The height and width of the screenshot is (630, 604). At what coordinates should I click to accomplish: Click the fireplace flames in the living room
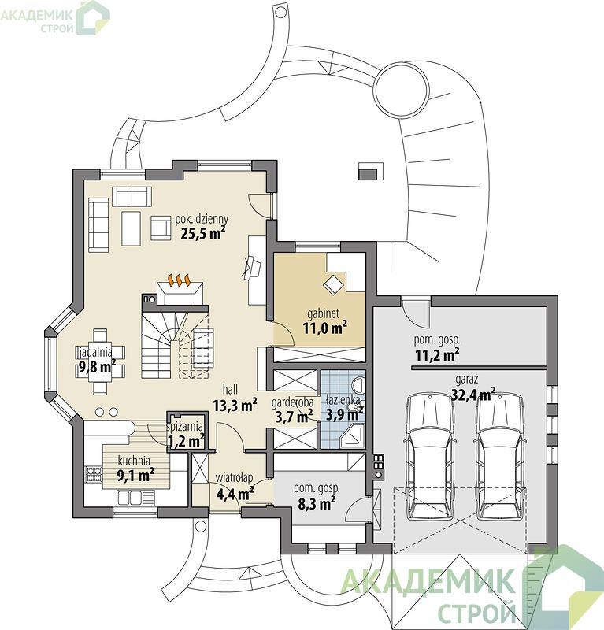179,280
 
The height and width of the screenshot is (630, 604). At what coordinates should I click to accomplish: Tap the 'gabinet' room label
323,313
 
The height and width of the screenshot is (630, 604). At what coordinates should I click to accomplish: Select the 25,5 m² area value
202,233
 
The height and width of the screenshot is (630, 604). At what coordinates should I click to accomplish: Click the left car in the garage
431,456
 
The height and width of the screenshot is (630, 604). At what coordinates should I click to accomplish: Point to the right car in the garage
500,456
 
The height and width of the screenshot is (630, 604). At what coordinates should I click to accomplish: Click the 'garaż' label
466,379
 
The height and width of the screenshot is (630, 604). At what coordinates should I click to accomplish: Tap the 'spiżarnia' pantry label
184,427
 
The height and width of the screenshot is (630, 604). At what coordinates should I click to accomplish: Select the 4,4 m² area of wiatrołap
235,493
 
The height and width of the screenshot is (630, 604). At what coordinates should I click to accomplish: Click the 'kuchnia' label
134,461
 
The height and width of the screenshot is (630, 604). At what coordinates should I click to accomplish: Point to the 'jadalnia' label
95,353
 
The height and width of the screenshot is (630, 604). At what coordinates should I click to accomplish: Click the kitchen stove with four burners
94,474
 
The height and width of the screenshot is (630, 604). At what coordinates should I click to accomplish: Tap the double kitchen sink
135,498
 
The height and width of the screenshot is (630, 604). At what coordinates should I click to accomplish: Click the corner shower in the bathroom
353,437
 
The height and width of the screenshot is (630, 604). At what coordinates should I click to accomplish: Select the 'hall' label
230,389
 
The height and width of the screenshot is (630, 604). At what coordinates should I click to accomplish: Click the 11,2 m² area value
437,355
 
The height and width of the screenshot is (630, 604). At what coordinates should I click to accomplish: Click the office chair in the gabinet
333,284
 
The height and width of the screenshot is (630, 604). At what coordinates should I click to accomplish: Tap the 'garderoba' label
292,402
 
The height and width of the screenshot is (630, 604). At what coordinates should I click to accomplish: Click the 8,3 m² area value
317,503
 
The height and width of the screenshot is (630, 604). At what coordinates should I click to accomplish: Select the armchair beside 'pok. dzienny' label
161,228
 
